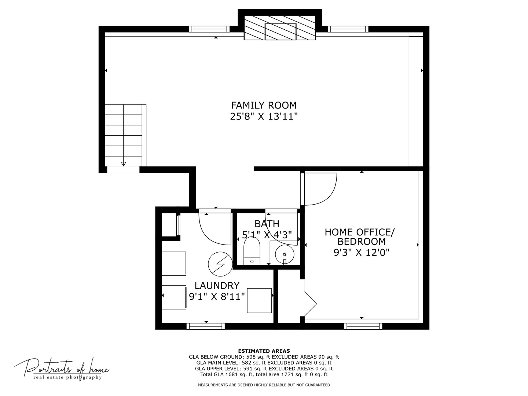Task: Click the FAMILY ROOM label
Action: (264, 105)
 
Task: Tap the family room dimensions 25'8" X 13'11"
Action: (264, 117)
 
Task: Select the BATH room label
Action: (267, 224)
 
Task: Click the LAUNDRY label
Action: (217, 286)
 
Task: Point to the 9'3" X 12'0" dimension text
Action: (361, 253)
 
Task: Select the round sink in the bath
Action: (285, 254)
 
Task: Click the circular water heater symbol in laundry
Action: (220, 264)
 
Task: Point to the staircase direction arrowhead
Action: (124, 164)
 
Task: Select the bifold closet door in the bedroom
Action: (310, 304)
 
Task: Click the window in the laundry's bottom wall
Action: (206, 326)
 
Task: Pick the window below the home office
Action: (363, 326)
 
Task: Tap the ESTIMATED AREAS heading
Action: (264, 351)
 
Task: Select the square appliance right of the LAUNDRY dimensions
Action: (259, 301)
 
